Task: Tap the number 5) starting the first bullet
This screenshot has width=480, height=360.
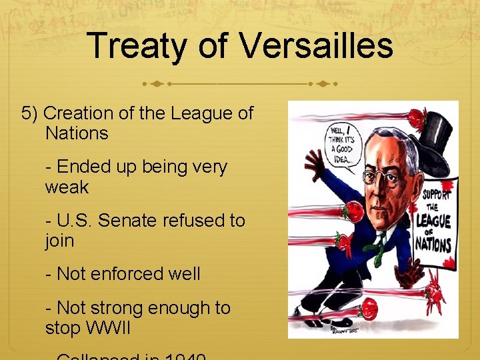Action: pyautogui.click(x=30, y=113)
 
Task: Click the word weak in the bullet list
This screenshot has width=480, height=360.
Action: pyautogui.click(x=67, y=187)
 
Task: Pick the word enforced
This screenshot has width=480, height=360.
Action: pyautogui.click(x=125, y=273)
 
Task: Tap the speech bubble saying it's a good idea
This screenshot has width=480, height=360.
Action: pyautogui.click(x=343, y=141)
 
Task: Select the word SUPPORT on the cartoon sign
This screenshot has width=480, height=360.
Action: pyautogui.click(x=437, y=194)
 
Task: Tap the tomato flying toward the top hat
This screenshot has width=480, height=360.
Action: pyautogui.click(x=416, y=118)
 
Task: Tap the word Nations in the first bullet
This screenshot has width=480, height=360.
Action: pyautogui.click(x=77, y=133)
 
